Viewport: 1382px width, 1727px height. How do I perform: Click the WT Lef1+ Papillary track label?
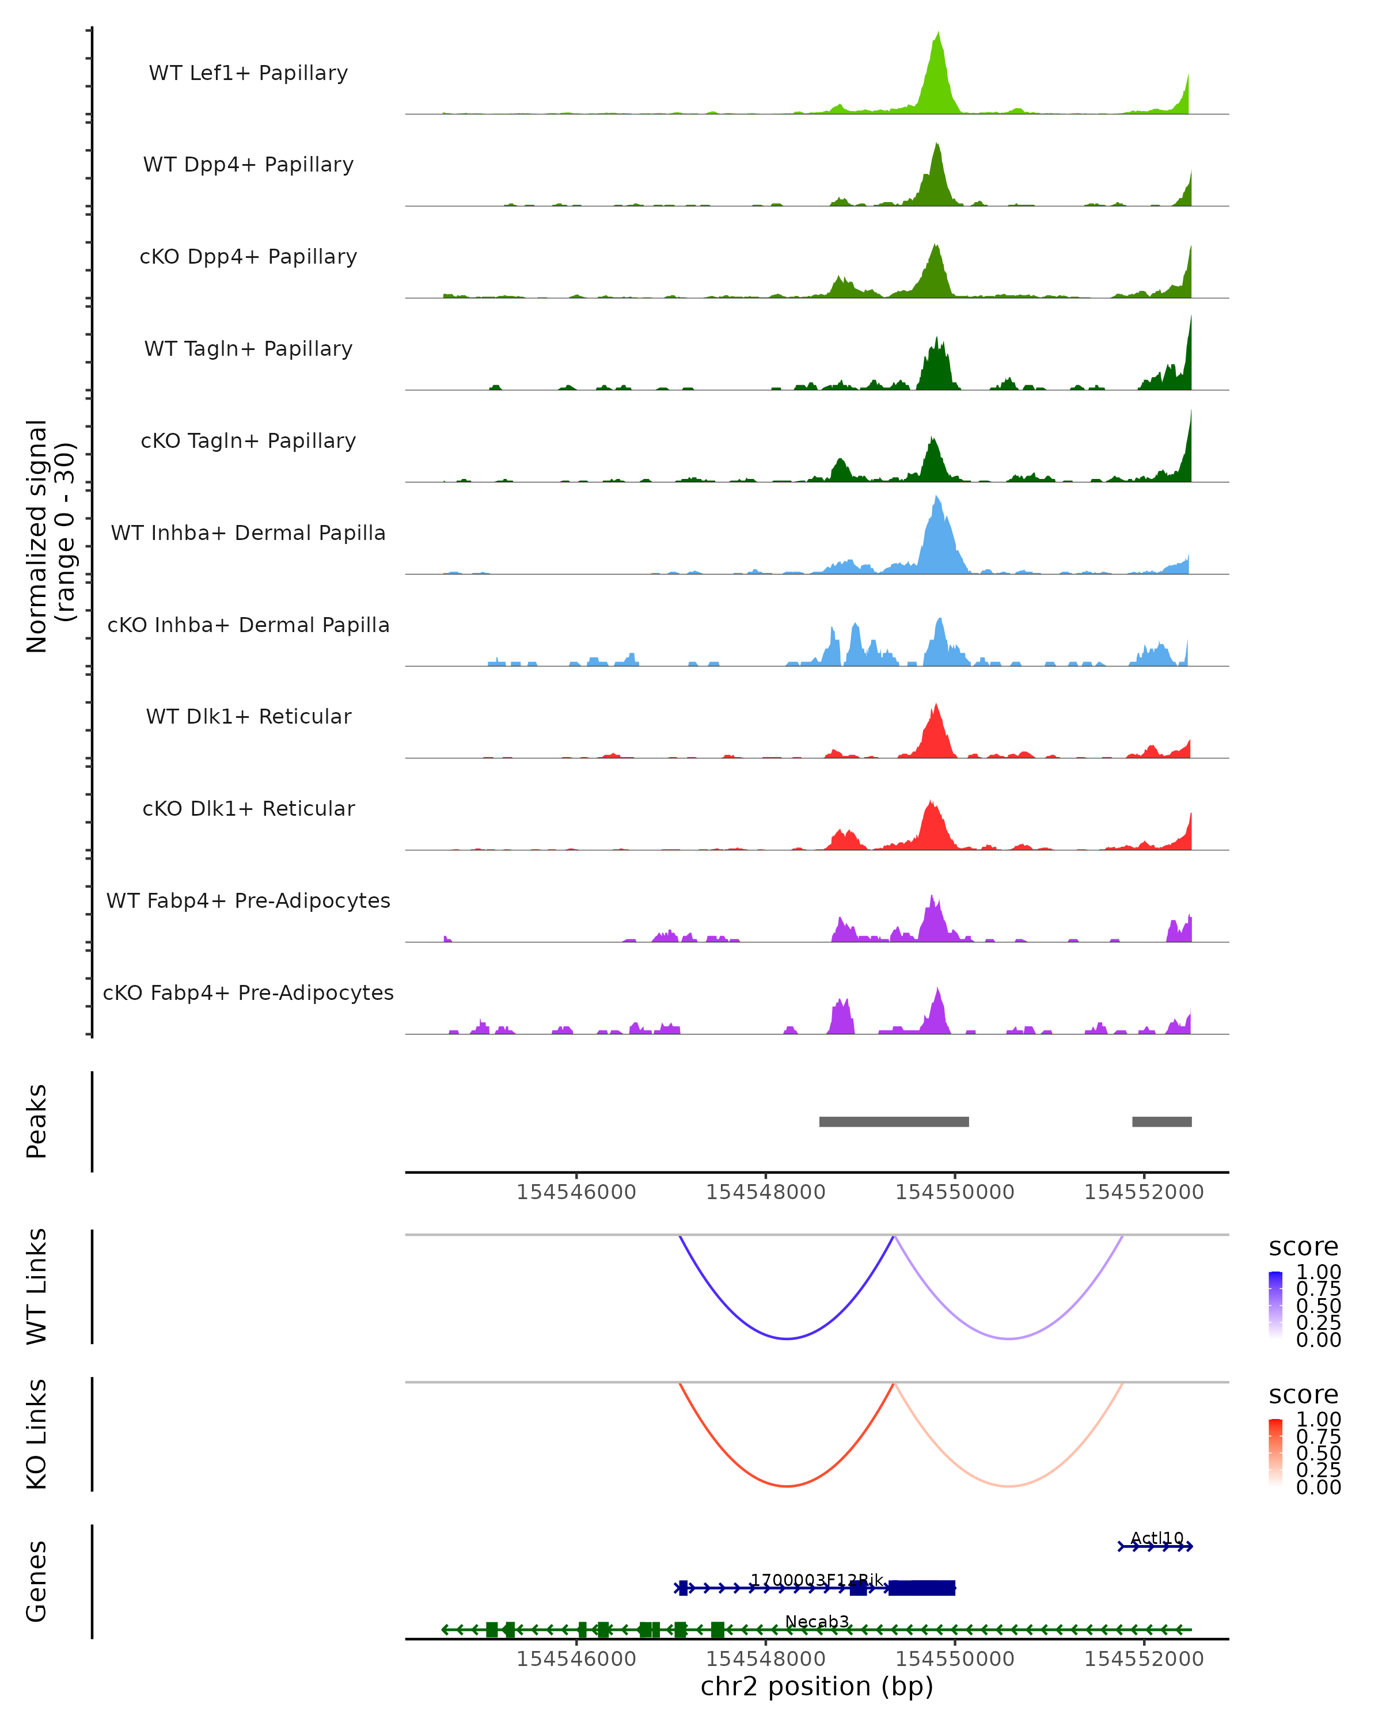(x=248, y=73)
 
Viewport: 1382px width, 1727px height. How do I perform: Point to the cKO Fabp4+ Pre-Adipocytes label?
(x=248, y=992)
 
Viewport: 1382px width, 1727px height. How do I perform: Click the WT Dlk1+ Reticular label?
(x=248, y=716)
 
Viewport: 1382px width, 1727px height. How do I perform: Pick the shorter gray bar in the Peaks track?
(x=1161, y=1121)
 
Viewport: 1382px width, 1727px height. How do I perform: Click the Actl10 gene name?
(x=1156, y=1538)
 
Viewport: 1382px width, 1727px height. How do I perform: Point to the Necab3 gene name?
(x=817, y=1621)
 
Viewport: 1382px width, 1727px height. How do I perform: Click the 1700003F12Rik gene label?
(x=817, y=1580)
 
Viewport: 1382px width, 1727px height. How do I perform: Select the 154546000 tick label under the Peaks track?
(x=576, y=1192)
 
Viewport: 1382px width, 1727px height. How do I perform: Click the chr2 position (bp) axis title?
(x=817, y=1686)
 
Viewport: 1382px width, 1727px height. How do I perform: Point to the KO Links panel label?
(x=37, y=1434)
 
